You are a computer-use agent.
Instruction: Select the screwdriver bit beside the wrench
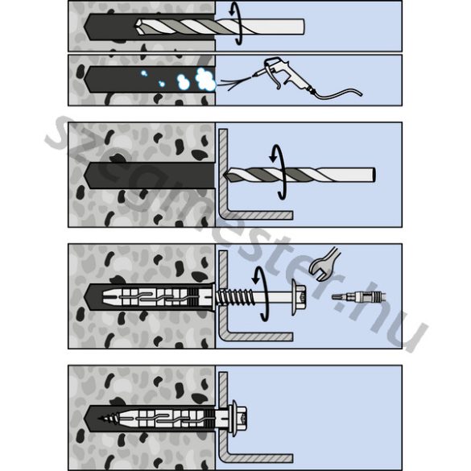(358, 297)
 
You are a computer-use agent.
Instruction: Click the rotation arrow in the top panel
(237, 24)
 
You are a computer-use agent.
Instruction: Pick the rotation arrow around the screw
(262, 294)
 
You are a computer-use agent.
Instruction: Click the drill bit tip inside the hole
(138, 27)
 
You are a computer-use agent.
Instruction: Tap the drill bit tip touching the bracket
(228, 175)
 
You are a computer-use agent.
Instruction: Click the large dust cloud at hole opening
(205, 79)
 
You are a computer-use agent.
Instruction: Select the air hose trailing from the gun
(337, 93)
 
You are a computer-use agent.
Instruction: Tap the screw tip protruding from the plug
(104, 418)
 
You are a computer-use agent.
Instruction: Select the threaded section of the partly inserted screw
(234, 297)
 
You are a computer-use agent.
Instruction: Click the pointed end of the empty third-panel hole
(85, 176)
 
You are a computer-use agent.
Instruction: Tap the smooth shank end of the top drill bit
(302, 27)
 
